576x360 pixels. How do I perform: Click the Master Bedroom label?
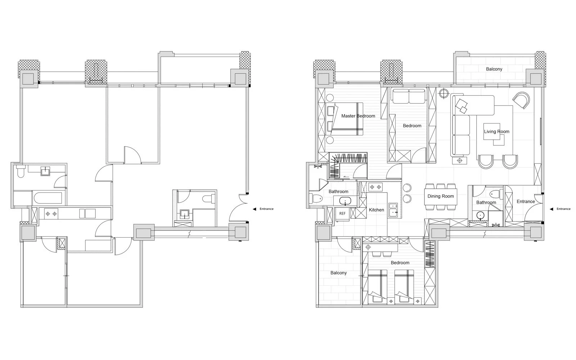[x=358, y=116]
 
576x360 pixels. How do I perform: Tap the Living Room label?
[x=496, y=132]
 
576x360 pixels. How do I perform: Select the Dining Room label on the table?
[x=441, y=196]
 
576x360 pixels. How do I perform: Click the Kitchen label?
[x=377, y=210]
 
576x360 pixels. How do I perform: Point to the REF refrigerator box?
[x=342, y=214]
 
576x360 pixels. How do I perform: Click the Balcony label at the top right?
[x=494, y=69]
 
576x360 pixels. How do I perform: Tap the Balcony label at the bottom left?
[x=338, y=273]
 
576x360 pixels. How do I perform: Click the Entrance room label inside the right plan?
[x=526, y=202]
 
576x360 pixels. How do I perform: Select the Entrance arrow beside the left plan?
[x=255, y=209]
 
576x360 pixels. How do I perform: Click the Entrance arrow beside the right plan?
[x=551, y=209]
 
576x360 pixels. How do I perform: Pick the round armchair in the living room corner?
[x=521, y=100]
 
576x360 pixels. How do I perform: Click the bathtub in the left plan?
[x=48, y=198]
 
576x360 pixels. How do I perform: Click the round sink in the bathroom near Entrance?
[x=480, y=215]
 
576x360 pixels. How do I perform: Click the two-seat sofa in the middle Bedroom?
[x=409, y=96]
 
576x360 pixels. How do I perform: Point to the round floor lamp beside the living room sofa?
[x=444, y=93]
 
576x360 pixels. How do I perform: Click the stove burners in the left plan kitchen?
[x=51, y=214]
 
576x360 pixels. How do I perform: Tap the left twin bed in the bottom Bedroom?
[x=378, y=287]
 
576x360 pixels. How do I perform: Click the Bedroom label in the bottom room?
[x=400, y=263]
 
